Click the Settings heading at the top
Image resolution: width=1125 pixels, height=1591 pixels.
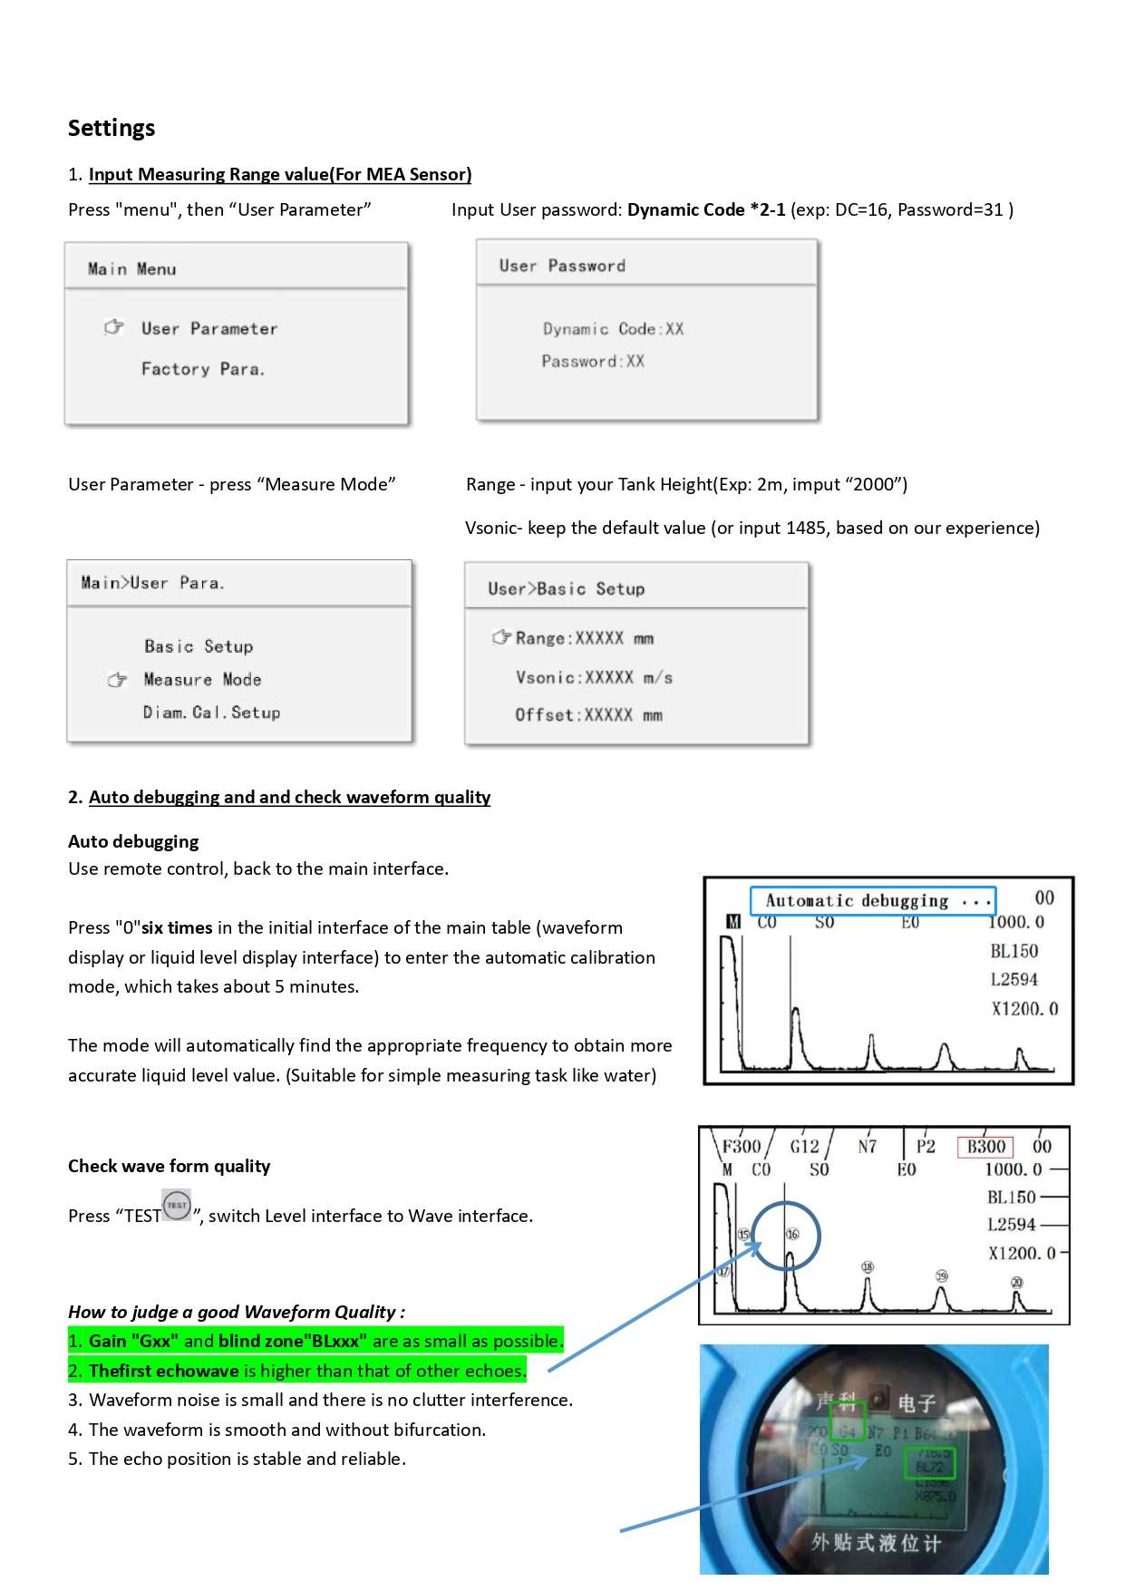tap(112, 128)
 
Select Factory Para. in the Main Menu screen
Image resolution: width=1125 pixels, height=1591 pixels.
tap(203, 369)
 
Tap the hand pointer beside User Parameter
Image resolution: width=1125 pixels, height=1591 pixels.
tap(113, 327)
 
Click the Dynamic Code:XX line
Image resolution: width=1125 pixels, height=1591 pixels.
tap(613, 329)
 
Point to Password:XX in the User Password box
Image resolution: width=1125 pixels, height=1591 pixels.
tap(593, 361)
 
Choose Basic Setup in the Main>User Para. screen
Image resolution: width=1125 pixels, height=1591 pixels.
tap(199, 646)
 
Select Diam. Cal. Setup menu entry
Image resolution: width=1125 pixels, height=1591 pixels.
tap(211, 713)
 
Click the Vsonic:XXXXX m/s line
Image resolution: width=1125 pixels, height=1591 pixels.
tap(594, 677)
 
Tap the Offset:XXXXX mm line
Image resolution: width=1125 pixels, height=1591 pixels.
tap(588, 715)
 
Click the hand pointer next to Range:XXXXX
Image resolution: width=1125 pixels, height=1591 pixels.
tap(501, 637)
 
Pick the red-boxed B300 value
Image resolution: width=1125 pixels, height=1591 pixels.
tap(985, 1147)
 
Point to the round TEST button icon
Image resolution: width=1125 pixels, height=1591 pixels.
tap(177, 1206)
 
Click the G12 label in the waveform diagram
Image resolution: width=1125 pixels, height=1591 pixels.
tap(804, 1147)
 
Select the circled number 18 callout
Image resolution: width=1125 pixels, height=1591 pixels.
tap(868, 1266)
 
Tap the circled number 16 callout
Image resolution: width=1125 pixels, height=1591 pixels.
tap(792, 1234)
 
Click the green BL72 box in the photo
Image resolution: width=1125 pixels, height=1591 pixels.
tap(930, 1463)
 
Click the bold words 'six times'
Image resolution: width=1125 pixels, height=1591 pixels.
tap(177, 927)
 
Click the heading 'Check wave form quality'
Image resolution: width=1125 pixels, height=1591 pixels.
tap(170, 1166)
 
